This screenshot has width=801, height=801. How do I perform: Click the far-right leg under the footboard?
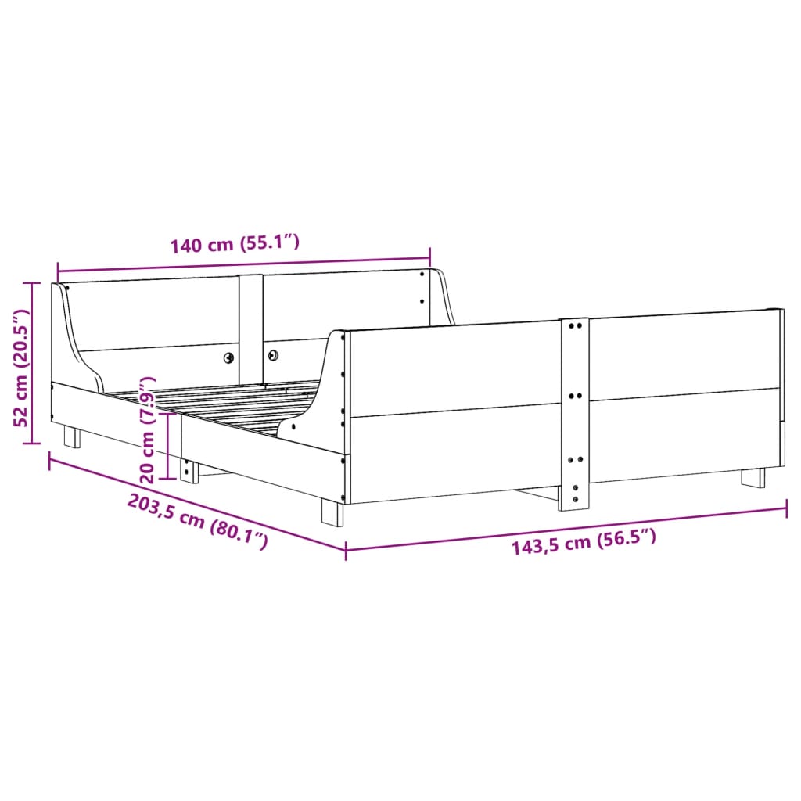point(753,477)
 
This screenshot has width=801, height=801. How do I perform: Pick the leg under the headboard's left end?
point(72,436)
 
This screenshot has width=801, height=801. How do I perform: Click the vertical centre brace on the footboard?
point(574,415)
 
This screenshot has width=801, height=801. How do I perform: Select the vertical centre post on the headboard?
point(251,325)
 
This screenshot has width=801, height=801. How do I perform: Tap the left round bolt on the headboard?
point(228,357)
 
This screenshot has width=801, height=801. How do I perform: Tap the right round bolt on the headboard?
point(274,356)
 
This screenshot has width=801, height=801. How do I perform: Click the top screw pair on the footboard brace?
point(574,324)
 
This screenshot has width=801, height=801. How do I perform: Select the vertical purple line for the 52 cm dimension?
point(32,364)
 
